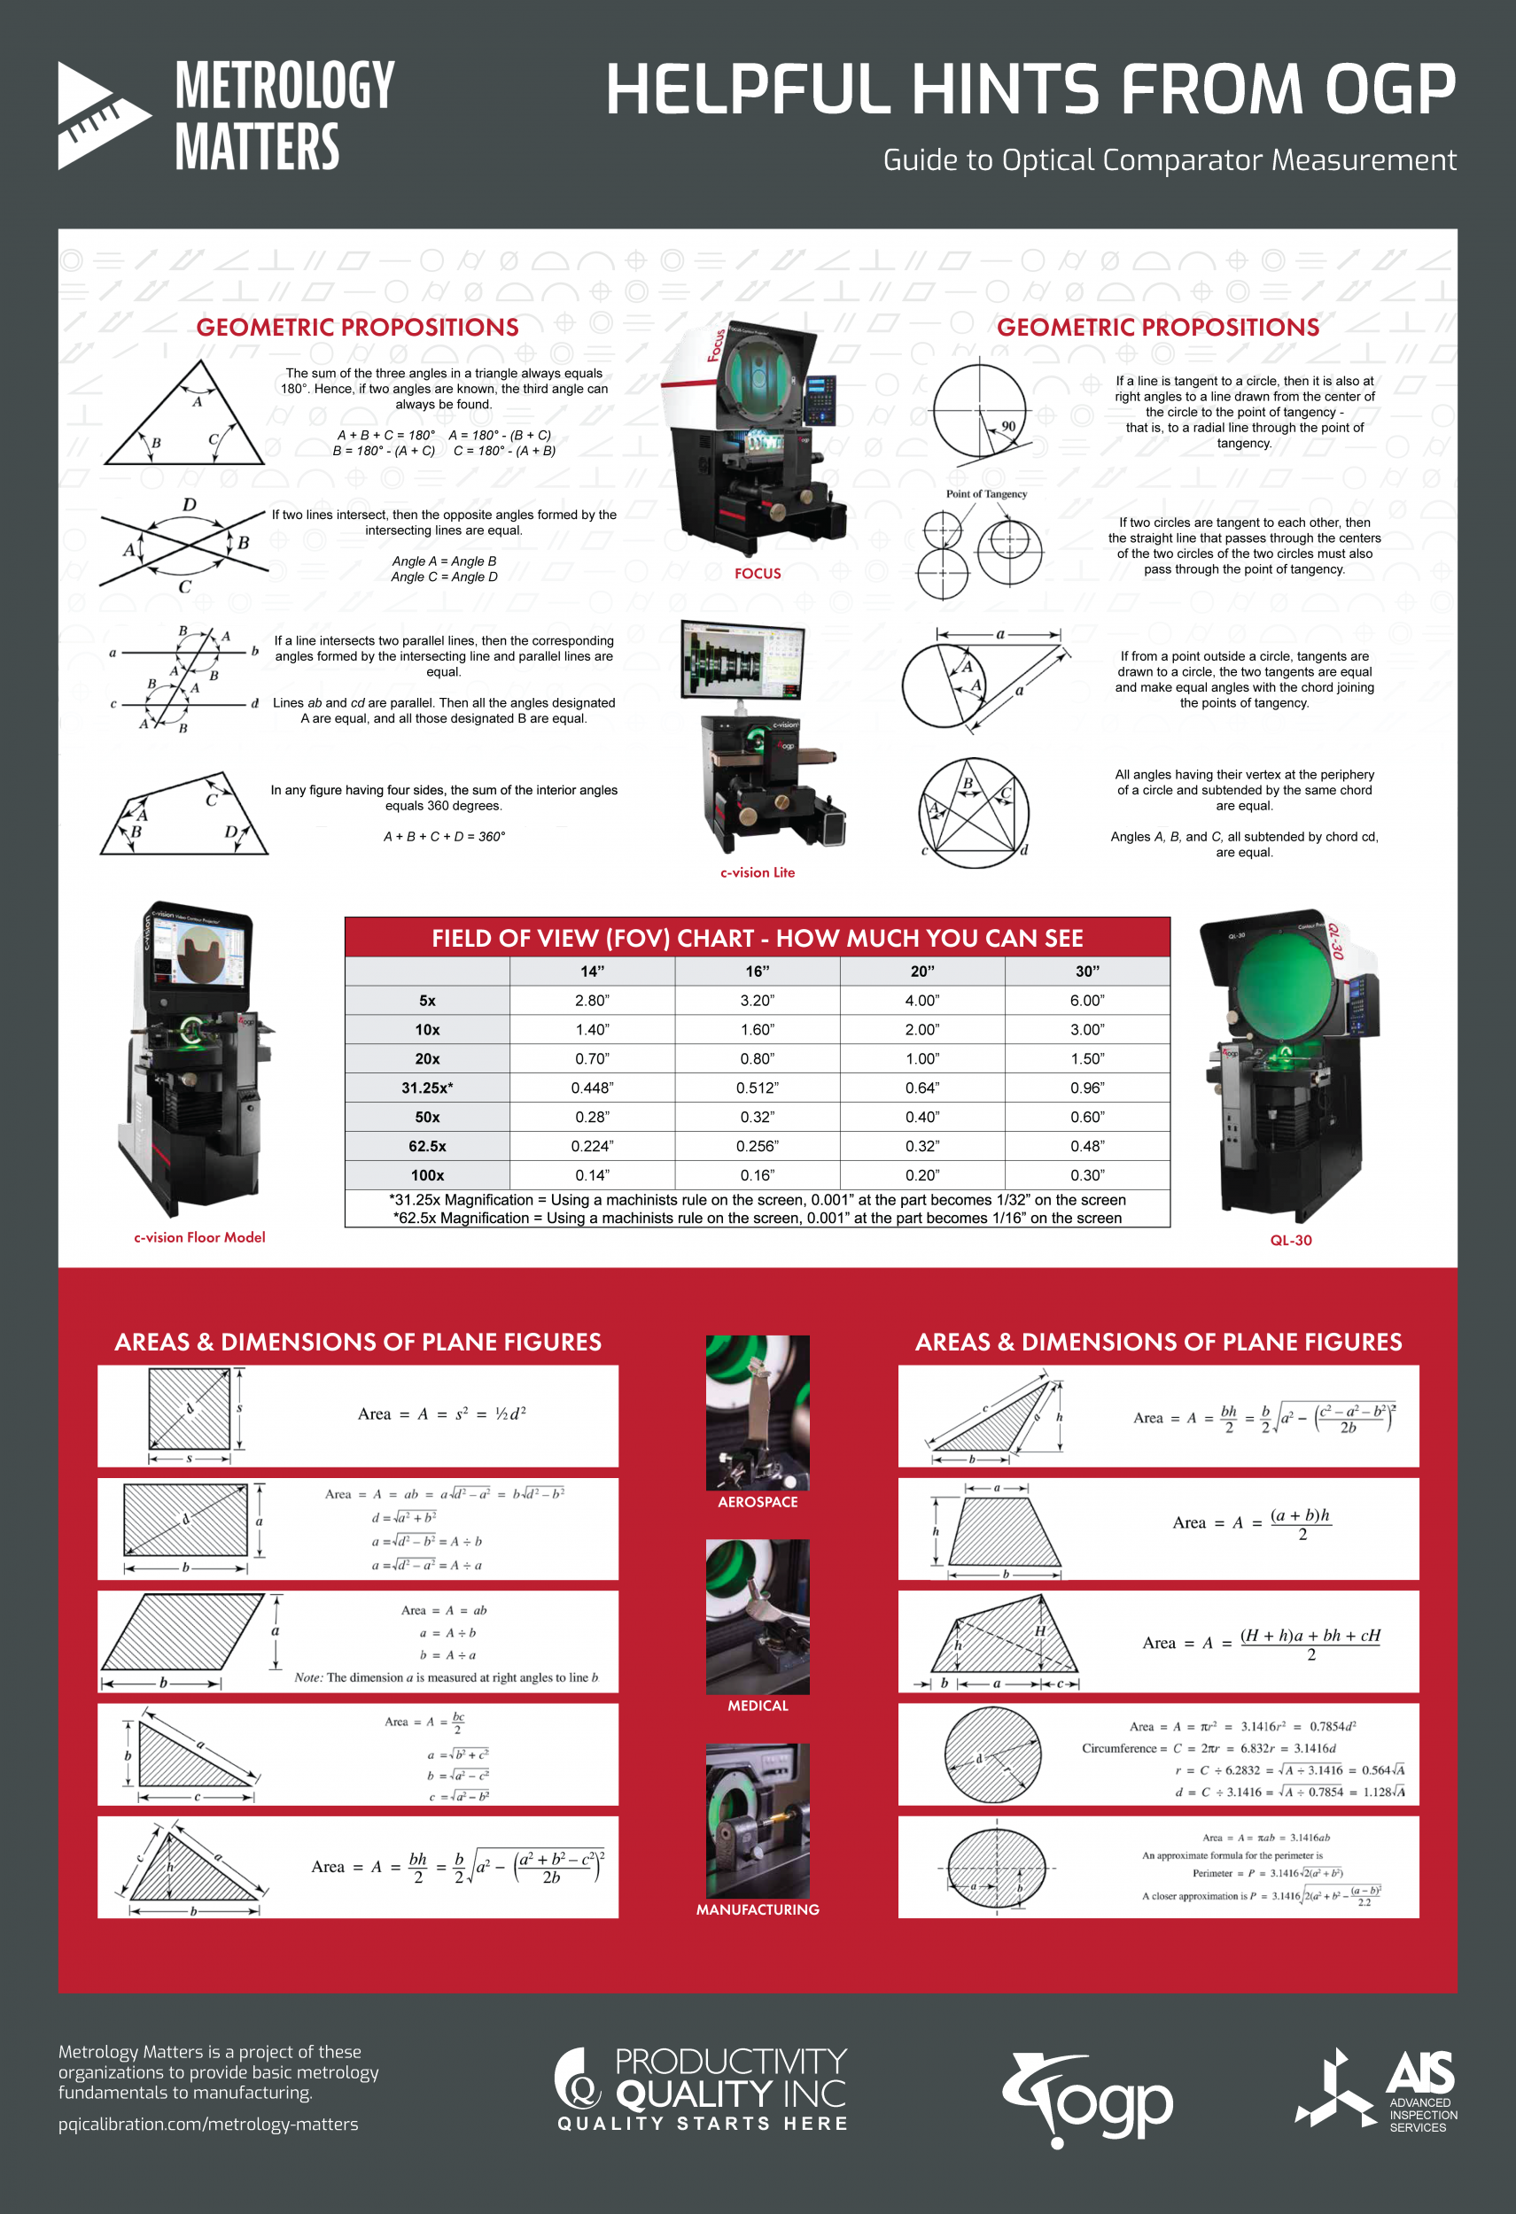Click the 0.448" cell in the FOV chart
coord(592,1088)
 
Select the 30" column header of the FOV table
coord(1087,971)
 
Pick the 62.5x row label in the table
coord(427,1146)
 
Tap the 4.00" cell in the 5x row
coord(921,1001)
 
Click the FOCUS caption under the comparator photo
coord(758,574)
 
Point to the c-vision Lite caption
coord(758,872)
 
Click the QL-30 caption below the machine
coord(1290,1241)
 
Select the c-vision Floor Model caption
coord(199,1237)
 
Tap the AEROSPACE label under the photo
coord(758,1502)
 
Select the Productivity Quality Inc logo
coord(702,2088)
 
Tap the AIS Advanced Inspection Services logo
coord(1376,2090)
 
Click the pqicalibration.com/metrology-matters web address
coord(207,2125)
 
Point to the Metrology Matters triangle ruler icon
coord(100,115)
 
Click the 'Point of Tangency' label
coord(986,493)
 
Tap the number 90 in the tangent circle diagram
coord(1008,426)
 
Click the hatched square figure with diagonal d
coord(190,1409)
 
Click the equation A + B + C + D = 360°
coord(444,836)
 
